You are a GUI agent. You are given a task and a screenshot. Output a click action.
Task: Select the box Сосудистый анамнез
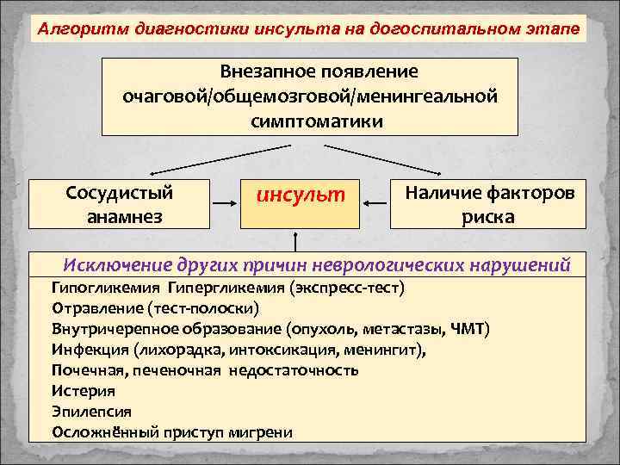(119, 204)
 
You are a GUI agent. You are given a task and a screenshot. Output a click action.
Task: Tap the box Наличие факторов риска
(487, 204)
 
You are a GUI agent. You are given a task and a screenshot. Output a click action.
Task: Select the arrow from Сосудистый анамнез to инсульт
(224, 204)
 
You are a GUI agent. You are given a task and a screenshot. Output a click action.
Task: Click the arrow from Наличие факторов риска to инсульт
(375, 204)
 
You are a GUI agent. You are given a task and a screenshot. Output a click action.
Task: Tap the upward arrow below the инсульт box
(296, 240)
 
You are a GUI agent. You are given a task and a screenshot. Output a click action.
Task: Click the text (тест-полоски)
(203, 307)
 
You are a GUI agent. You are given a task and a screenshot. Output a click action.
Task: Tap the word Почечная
(88, 370)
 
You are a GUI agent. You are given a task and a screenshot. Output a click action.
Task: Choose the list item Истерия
(83, 391)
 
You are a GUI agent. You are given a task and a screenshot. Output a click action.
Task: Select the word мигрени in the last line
(263, 432)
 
